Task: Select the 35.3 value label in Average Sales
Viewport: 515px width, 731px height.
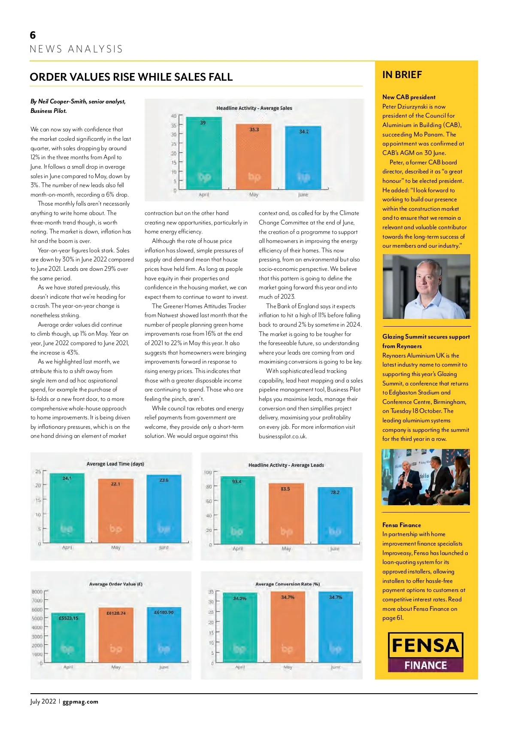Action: [254, 130]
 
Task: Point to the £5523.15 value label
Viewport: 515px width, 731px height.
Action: [69, 618]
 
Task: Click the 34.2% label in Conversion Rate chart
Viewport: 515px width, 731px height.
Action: [239, 598]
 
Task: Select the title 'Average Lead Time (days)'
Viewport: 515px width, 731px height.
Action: [115, 464]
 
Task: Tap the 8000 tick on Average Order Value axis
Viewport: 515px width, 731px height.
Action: [37, 592]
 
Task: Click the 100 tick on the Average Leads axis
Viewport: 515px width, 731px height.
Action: [208, 473]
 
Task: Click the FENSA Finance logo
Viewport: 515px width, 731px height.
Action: [425, 652]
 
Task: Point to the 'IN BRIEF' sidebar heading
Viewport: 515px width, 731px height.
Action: [402, 75]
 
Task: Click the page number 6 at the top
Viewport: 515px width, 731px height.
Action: [33, 35]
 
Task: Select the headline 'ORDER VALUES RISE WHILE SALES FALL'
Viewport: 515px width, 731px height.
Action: [131, 77]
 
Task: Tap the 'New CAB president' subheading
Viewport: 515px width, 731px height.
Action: [409, 97]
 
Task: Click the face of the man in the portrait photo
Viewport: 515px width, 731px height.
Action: [426, 275]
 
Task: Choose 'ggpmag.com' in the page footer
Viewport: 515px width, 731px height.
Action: [80, 702]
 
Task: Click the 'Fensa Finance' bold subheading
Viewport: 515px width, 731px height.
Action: [402, 525]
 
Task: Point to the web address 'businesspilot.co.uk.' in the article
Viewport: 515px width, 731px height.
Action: [283, 436]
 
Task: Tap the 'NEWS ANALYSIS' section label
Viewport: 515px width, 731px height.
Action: [76, 49]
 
